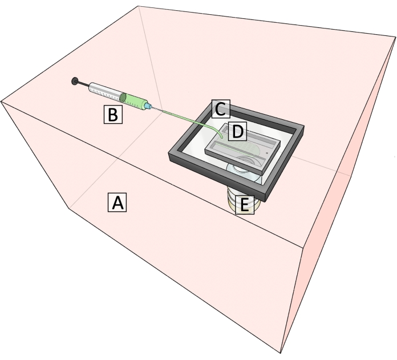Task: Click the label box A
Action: [116, 202]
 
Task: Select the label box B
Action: [112, 114]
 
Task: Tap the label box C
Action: [220, 107]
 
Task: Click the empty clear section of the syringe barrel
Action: [105, 90]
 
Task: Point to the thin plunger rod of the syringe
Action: [84, 84]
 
